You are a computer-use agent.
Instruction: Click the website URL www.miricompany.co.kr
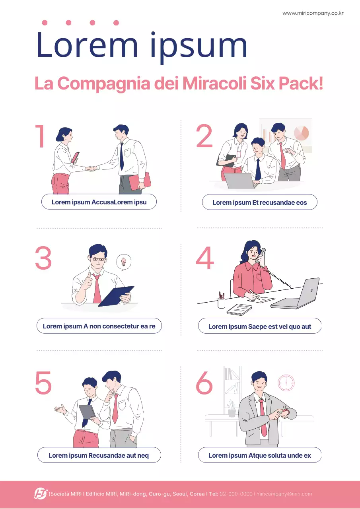pos(313,13)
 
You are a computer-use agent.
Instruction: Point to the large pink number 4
pos(205,258)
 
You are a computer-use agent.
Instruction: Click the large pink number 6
pos(204,383)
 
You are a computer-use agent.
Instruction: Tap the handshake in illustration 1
pos(92,169)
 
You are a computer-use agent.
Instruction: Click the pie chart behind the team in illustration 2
pos(301,133)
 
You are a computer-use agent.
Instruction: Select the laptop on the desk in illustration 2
pos(239,181)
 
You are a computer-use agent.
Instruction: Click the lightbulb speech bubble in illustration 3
pos(124,262)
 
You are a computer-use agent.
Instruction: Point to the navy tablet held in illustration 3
pos(116,296)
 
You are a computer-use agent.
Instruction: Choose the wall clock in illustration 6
pos(286,383)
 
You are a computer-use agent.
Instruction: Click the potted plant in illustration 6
pos(232,409)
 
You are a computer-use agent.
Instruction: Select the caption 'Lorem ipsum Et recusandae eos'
pos(259,202)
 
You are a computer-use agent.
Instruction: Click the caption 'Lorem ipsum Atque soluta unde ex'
pos(259,455)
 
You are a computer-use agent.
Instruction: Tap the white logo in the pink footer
pos(40,493)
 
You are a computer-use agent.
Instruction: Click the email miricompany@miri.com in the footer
pos(284,494)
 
